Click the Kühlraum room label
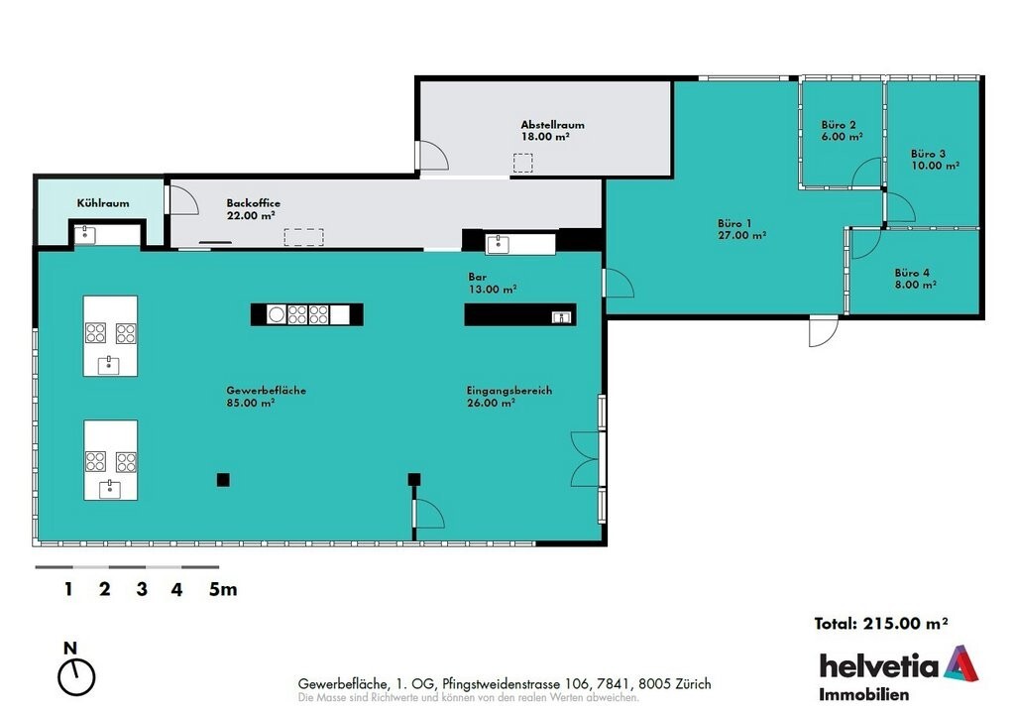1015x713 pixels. (103, 203)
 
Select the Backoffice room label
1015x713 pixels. (253, 202)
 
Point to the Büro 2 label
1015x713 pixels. (839, 124)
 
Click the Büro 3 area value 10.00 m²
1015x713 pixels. (935, 166)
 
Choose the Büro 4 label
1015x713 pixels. (912, 273)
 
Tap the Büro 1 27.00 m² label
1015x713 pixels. (741, 229)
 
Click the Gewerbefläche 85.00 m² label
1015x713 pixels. (266, 397)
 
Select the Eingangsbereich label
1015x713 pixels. (508, 391)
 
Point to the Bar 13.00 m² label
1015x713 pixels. (492, 283)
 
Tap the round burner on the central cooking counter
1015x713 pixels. (277, 314)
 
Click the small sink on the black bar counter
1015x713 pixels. (561, 316)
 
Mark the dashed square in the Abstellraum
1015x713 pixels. (523, 163)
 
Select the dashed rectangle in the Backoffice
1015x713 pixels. (303, 237)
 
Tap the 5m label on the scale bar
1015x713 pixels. (223, 589)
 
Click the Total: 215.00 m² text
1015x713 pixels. (881, 624)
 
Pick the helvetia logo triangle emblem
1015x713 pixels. (960, 663)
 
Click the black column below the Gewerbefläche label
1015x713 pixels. (223, 480)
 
